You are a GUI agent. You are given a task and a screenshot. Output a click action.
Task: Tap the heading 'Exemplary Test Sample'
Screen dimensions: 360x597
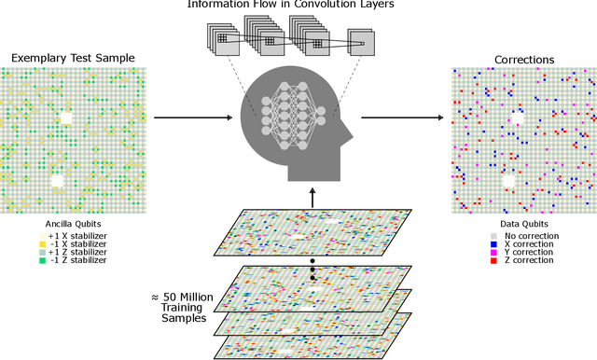coord(73,58)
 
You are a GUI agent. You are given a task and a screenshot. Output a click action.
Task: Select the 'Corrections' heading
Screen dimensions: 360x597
coord(523,59)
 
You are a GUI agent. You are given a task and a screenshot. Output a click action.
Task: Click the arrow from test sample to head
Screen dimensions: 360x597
coord(191,118)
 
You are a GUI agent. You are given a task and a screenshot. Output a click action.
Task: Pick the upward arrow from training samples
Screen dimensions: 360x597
coord(313,193)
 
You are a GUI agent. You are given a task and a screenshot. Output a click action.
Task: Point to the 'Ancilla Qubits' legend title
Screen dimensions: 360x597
coord(72,224)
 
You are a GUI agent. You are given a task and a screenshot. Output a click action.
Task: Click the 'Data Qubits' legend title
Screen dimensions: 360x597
coord(523,225)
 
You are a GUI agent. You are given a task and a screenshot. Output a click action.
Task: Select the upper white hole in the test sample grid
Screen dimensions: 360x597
coord(65,118)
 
